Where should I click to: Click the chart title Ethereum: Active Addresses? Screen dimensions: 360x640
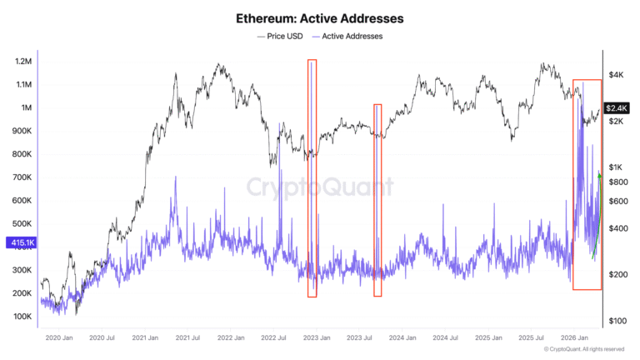click(320, 17)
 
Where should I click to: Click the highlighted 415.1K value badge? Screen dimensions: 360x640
click(19, 242)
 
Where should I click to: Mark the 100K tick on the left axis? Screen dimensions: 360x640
click(22, 317)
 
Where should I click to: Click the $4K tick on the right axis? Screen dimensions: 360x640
click(616, 75)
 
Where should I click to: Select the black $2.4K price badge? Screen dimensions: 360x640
click(617, 107)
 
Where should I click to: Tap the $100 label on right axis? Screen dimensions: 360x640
click(617, 321)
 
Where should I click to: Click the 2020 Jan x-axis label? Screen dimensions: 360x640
click(58, 338)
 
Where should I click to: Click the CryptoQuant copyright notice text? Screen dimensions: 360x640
click(583, 350)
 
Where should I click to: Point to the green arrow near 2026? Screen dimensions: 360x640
click(597, 217)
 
